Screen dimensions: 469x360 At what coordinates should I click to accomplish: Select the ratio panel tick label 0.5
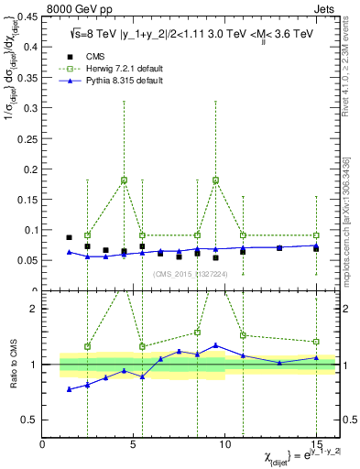(29, 420)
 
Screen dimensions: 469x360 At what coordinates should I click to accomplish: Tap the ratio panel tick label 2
(33, 309)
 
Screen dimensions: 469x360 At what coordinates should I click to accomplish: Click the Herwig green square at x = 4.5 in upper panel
(124, 180)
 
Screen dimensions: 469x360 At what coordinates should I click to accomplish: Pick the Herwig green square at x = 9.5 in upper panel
(215, 180)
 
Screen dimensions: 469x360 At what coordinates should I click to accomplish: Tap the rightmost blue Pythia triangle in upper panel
(316, 245)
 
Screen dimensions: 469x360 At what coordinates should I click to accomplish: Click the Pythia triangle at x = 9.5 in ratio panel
(215, 345)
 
